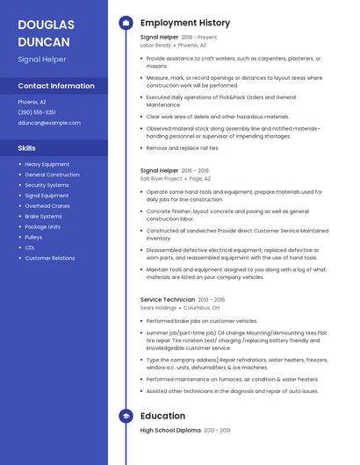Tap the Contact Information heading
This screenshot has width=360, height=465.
[x=56, y=86]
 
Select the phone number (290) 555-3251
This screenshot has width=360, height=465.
[x=36, y=112]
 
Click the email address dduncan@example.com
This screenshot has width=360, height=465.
[x=48, y=123]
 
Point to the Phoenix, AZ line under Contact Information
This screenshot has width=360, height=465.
[x=32, y=102]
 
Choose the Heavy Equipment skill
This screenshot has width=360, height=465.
[x=47, y=164]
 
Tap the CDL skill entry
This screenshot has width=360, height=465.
[x=30, y=247]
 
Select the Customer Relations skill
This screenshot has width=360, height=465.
[x=49, y=258]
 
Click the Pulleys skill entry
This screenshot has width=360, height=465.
[x=33, y=237]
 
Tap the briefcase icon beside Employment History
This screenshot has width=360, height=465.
[x=126, y=23]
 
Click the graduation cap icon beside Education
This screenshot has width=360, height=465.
[x=126, y=416]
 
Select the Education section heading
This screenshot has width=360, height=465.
[x=162, y=416]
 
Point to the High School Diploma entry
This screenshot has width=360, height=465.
[x=170, y=431]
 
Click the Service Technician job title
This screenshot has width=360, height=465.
[x=167, y=300]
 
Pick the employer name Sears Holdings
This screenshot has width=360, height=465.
[x=158, y=309]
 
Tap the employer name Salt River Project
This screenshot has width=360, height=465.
[x=161, y=178]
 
